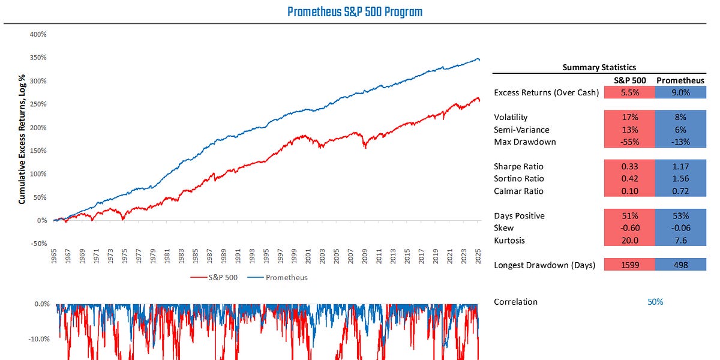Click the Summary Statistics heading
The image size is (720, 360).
tap(599, 68)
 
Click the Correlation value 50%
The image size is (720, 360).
tap(655, 302)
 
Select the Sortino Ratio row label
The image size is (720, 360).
tap(518, 179)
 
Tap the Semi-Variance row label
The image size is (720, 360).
tap(521, 130)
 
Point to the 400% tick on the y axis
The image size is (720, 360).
tap(38, 34)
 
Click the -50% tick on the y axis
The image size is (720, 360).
tap(38, 244)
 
